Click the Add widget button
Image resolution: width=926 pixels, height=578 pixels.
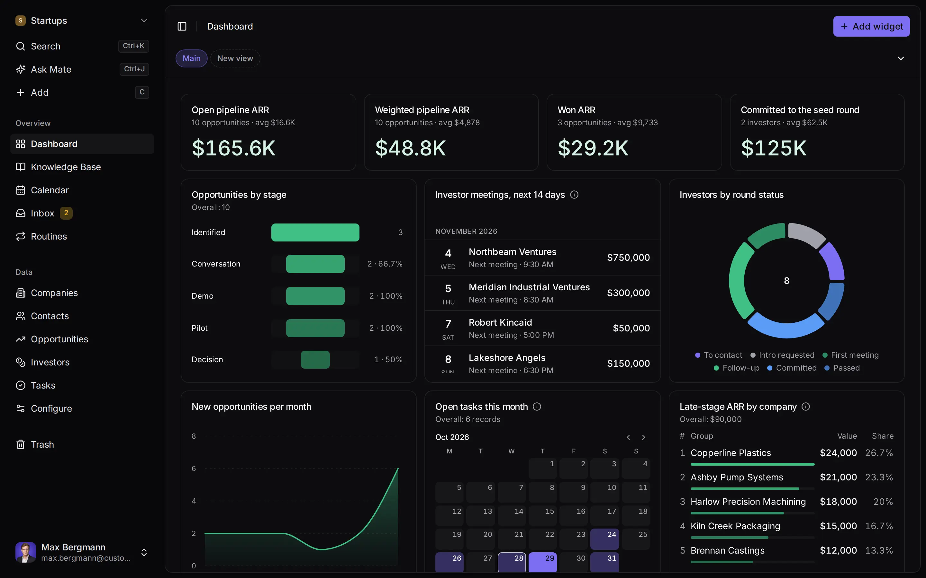[871, 26]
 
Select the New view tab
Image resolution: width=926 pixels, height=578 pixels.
[235, 58]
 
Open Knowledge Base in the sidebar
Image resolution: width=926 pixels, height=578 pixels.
[66, 167]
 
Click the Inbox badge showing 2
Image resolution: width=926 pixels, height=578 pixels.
[66, 213]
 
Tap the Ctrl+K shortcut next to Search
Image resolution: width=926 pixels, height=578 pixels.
[133, 46]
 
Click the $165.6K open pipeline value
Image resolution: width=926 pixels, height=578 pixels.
[233, 148]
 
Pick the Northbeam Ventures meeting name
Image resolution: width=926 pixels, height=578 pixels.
[513, 252]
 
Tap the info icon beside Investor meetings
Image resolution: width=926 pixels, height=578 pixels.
[574, 195]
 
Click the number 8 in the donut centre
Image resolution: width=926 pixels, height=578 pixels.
[787, 281]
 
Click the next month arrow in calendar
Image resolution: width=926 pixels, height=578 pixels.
[644, 437]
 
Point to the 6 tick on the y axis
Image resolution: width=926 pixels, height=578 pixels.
[194, 469]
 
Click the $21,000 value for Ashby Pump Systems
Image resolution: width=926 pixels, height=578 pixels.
[838, 477]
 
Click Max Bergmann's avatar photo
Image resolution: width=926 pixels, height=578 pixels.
[26, 552]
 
